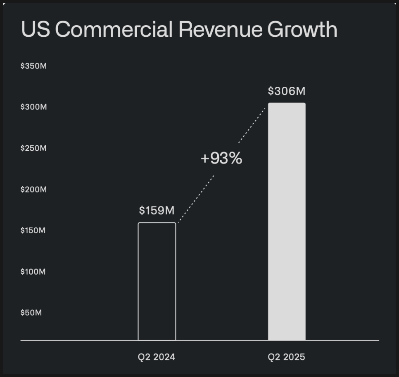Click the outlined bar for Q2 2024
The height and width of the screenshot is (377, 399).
[x=157, y=281]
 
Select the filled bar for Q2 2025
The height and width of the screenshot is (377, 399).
[x=287, y=221]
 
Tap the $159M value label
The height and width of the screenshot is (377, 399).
[x=157, y=211]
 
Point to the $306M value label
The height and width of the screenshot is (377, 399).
[x=287, y=91]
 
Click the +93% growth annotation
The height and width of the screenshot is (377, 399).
[x=221, y=158]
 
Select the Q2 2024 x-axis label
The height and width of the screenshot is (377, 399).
[x=157, y=357]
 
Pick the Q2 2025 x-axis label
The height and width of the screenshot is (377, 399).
[x=287, y=357]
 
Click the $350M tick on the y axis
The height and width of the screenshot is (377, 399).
[x=33, y=66]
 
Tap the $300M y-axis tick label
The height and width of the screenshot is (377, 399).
[x=33, y=107]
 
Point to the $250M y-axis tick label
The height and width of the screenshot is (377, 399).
[x=33, y=148]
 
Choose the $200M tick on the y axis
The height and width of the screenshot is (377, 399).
[x=33, y=190]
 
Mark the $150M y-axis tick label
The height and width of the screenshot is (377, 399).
[x=33, y=230]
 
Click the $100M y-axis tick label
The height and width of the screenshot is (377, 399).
[x=33, y=272]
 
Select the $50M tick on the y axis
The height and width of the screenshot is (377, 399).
[x=31, y=313]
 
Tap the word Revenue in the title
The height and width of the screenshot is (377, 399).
[x=222, y=30]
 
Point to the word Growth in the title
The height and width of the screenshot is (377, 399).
[x=302, y=30]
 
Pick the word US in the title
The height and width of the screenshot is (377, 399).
[x=35, y=30]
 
